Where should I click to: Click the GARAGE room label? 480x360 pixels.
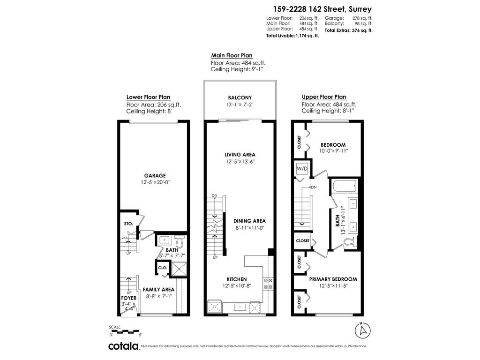coord(154,176)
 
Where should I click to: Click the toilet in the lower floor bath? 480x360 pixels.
coord(179,241)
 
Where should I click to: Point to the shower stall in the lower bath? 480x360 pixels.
coord(178,269)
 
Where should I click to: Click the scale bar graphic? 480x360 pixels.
coord(125,331)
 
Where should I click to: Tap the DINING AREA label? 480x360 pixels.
coord(250,221)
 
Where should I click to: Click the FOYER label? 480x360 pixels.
coord(129,298)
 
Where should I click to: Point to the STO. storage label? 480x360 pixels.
coord(129,224)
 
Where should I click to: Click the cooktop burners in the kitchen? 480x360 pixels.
coord(269,283)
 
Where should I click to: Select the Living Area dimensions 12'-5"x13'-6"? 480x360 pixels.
coord(240,161)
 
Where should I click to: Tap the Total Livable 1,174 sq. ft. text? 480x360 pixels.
coord(292,36)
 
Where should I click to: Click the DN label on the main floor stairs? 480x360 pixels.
coord(214,195)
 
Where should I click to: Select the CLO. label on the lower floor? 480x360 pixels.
coord(163,268)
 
